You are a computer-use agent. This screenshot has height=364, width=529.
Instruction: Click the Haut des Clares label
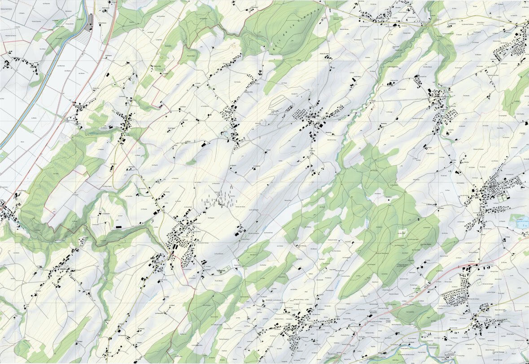425,244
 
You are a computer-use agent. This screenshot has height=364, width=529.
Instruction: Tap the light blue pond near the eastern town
520,222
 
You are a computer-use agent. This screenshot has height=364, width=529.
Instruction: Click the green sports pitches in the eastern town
505,196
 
